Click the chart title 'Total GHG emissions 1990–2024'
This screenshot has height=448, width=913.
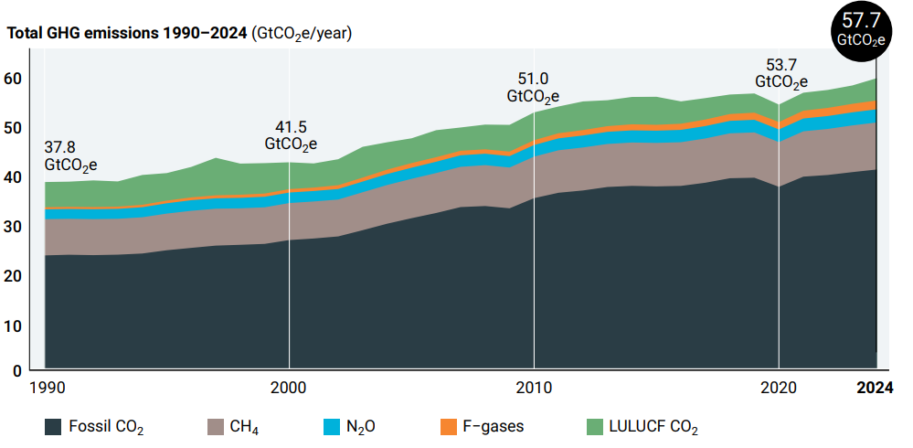pos(127,34)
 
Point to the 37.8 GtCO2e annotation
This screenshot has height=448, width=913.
pos(70,157)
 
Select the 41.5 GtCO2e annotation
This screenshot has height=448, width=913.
pos(291,135)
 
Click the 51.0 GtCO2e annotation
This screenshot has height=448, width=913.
pos(533,88)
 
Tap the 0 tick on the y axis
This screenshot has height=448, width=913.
pos(16,369)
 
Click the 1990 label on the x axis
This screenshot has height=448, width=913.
pos(48,387)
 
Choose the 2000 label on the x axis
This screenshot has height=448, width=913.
pos(289,387)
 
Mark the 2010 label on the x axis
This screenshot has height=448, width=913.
pos(534,387)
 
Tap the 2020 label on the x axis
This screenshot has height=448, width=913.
pos(779,387)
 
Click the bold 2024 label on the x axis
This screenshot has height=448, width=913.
pos(874,387)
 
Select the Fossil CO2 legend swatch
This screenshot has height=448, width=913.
pos(54,426)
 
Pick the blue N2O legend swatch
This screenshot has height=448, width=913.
pos(333,426)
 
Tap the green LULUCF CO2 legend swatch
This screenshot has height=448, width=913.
pos(595,426)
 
